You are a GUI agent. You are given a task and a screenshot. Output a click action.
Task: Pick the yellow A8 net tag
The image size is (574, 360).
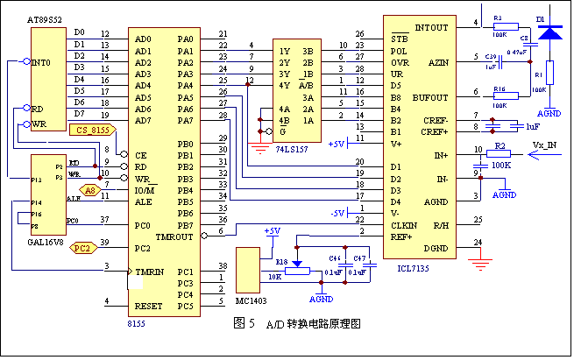click(x=90, y=188)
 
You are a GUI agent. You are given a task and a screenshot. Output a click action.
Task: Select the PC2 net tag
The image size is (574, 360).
click(x=81, y=247)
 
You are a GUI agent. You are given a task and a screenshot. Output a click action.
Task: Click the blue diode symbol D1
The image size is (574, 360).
click(x=549, y=32)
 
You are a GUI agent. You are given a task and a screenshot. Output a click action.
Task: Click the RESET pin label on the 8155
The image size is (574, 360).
click(x=150, y=306)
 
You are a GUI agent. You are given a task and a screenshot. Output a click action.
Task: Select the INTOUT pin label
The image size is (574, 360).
click(x=430, y=27)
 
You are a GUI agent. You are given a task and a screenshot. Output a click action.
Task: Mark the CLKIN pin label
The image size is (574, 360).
click(x=406, y=224)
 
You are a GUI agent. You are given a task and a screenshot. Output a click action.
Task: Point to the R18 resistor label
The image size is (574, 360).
click(x=280, y=261)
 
